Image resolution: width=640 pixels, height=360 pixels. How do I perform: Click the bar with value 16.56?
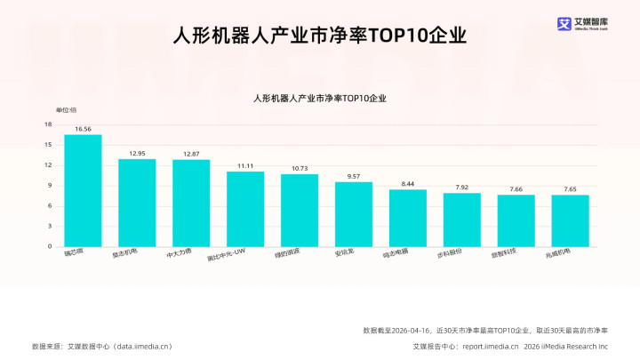[83, 190]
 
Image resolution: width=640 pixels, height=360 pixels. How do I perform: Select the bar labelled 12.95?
[137, 203]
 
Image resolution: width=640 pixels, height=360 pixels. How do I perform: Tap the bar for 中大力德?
[191, 203]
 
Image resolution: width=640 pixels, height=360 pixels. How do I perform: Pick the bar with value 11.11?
[245, 209]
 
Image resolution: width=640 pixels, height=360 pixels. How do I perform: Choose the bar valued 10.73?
[300, 211]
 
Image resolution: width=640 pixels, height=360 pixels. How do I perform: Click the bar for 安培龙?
[354, 214]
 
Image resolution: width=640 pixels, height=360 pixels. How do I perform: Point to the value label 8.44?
[408, 184]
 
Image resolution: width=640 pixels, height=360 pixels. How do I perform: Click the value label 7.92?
[462, 188]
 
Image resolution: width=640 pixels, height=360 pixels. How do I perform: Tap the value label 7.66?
[516, 189]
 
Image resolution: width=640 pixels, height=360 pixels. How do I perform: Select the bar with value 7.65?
[570, 220]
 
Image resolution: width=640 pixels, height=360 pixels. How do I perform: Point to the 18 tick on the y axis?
[48, 124]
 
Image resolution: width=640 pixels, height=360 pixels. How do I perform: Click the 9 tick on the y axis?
[50, 186]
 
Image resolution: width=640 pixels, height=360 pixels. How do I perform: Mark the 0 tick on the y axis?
[50, 246]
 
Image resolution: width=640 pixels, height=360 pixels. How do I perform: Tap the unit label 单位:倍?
[67, 109]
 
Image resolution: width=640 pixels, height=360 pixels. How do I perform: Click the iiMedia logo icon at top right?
[564, 24]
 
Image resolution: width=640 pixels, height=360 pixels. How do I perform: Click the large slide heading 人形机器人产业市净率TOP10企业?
[319, 36]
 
